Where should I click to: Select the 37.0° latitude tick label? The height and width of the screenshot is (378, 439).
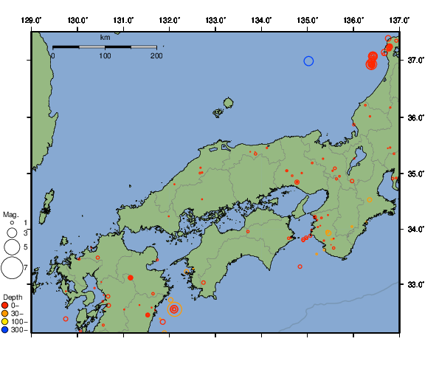416,60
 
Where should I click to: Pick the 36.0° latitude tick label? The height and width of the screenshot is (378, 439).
416,117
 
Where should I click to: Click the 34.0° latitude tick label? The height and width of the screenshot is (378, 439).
416,230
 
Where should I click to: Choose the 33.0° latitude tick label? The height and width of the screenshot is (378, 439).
416,285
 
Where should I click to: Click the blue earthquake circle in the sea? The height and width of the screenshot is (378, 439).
309,61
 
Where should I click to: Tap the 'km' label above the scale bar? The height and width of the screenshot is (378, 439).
105,37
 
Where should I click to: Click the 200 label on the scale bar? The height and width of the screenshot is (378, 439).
155,56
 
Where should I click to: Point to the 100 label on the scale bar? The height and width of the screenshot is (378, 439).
105,56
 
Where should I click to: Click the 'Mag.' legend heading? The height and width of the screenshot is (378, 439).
10,214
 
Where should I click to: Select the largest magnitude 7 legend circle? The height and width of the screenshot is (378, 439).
12,268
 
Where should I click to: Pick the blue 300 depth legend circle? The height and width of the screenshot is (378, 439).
5,330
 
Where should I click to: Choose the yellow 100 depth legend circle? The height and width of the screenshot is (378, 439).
5,322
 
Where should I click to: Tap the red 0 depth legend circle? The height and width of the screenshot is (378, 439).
5,306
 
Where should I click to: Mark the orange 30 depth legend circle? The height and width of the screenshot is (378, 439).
5,314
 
